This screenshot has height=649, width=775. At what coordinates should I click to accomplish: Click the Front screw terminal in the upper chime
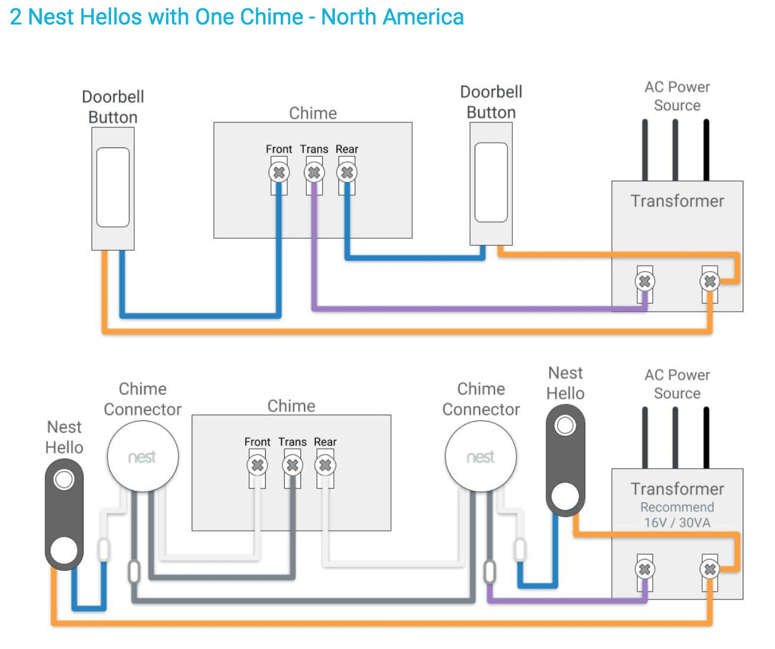point(279,173)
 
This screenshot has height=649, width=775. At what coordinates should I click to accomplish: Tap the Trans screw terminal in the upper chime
point(314,173)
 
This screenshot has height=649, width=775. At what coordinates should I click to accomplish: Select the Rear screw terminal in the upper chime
point(347,173)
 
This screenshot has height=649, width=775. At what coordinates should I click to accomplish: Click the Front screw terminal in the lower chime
point(257,465)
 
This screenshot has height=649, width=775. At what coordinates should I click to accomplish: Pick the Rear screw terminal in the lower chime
point(325,465)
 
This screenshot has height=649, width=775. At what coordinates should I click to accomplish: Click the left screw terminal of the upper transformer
point(644,281)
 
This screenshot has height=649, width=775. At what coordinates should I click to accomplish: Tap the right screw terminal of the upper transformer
point(709,281)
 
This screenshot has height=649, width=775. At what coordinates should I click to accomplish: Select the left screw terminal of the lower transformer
point(644,569)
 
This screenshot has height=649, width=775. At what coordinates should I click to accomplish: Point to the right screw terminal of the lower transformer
point(709,569)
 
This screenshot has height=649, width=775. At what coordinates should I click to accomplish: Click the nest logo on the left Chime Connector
point(142,457)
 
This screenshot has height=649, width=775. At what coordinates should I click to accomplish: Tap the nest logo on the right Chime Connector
point(480,457)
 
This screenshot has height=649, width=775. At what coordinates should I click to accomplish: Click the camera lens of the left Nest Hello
point(64,479)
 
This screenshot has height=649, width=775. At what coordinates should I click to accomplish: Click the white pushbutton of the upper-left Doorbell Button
point(113,187)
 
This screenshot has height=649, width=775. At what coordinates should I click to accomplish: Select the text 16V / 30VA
point(677,522)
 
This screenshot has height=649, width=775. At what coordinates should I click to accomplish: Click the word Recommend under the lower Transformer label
point(677,507)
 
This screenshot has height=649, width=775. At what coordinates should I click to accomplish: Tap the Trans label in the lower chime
point(292,441)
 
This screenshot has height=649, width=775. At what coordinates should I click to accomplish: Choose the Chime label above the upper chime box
point(313,113)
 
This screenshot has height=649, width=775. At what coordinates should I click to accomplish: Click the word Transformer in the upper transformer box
point(677,201)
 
